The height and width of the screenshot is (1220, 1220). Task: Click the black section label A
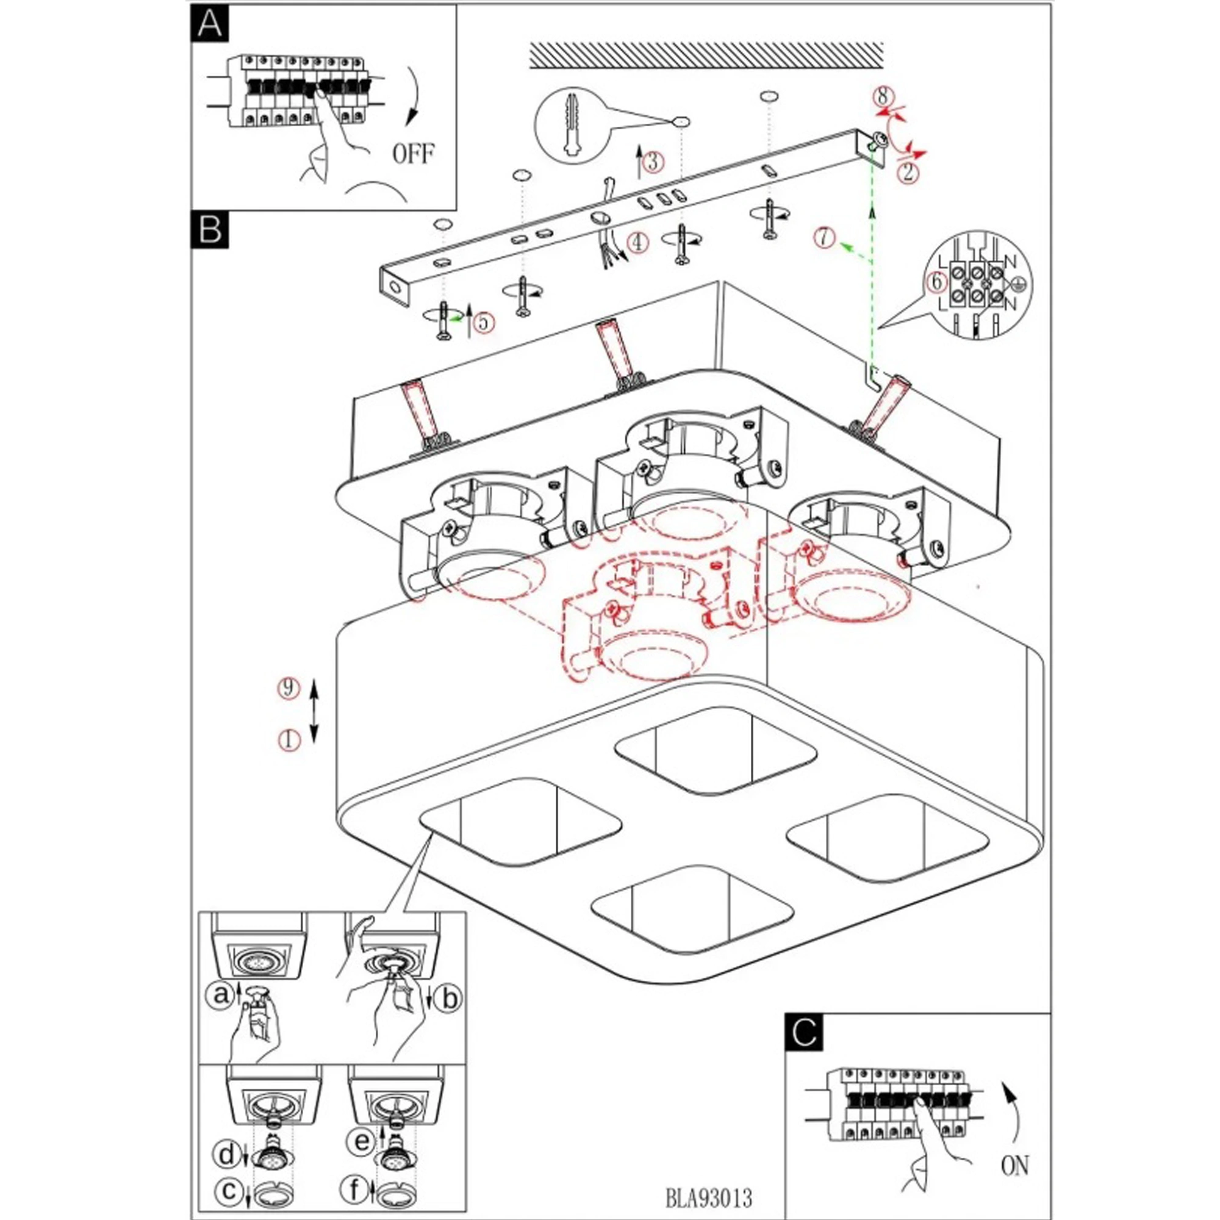(x=209, y=24)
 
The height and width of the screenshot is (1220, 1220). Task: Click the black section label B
(x=210, y=229)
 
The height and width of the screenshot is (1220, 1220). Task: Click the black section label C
(x=805, y=1033)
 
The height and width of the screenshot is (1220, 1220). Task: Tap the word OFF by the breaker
(x=414, y=154)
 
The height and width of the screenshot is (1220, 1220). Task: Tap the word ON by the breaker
(x=1014, y=1165)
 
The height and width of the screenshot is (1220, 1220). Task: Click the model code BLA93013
(x=708, y=1197)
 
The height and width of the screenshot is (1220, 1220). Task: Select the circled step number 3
(x=653, y=162)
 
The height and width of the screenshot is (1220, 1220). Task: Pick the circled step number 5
(x=483, y=323)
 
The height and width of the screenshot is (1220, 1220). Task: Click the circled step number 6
(x=936, y=282)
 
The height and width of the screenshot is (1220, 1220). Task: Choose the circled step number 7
(x=824, y=237)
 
